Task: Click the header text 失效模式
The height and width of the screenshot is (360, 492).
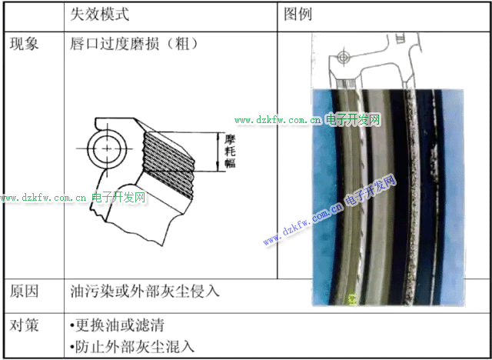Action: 99,15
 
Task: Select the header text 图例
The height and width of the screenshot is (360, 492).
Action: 298,15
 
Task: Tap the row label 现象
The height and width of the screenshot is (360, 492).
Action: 24,44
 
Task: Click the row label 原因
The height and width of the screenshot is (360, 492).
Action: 24,292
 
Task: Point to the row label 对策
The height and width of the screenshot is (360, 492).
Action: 24,325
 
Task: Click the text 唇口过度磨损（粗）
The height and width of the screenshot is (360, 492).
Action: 135,44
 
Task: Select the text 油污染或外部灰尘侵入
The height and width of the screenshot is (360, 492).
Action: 145,292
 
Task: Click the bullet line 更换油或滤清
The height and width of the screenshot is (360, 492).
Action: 117,326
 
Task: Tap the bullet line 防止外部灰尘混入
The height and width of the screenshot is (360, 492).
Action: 131,347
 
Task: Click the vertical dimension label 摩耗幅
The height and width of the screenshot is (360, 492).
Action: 231,152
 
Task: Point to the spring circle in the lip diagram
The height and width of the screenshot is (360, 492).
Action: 107,148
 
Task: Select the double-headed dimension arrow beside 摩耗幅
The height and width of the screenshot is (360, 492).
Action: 219,152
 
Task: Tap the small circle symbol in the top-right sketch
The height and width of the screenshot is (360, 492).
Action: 344,58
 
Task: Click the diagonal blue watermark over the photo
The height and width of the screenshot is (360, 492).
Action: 330,211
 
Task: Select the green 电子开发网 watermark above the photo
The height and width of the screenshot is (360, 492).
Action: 354,119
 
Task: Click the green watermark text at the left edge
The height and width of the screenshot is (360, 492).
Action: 73,198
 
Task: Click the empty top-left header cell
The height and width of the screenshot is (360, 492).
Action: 34,16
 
